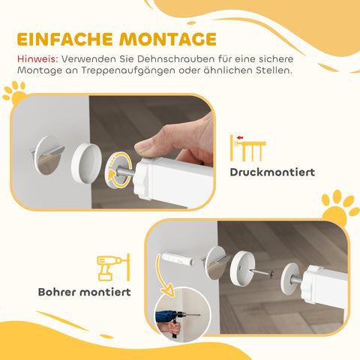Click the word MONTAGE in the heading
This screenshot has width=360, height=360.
pos(167,39)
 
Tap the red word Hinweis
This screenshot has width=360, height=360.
pos(34,58)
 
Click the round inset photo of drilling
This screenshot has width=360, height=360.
pos(175,312)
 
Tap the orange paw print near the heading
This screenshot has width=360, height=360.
pos(14,93)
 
